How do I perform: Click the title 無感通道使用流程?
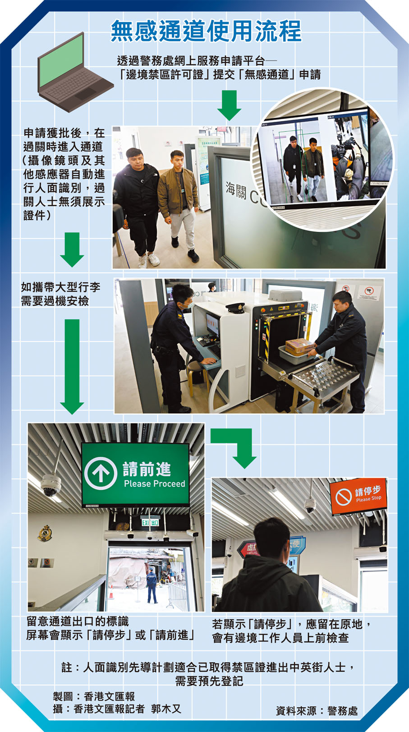pyautogui.click(x=206, y=31)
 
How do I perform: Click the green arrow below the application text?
pyautogui.click(x=230, y=105)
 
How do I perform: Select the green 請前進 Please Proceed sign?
pyautogui.click(x=136, y=475)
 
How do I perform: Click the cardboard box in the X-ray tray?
pyautogui.click(x=299, y=346)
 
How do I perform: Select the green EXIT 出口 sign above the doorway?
pyautogui.click(x=150, y=522)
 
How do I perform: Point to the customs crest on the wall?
pyautogui.click(x=45, y=533)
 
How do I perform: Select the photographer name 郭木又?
pyautogui.click(x=166, y=709)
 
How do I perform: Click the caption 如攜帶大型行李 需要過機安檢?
pyautogui.click(x=60, y=294)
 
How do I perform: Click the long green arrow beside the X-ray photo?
pyautogui.click(x=72, y=366)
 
